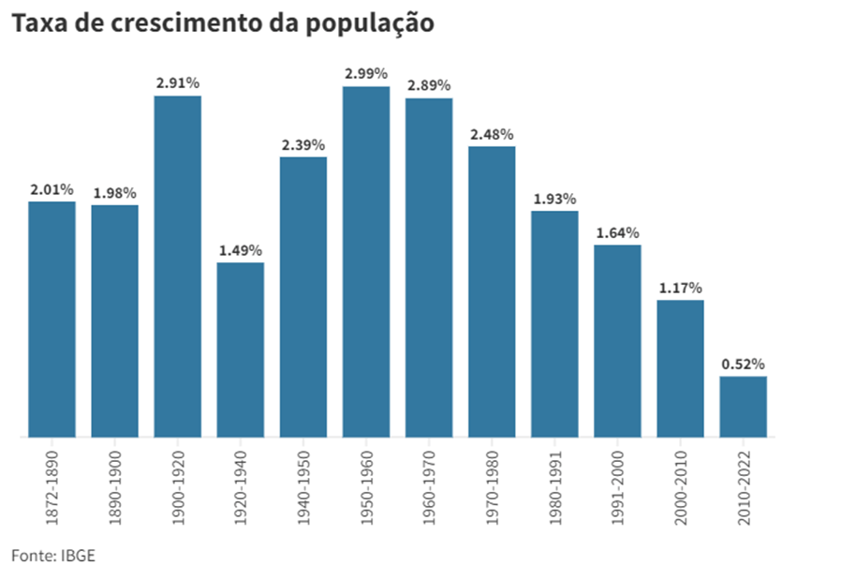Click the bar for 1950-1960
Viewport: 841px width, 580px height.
coord(366,261)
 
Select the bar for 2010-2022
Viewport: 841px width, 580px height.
coord(744,407)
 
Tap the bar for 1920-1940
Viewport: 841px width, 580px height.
coord(241,349)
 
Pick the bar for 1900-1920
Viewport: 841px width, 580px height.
coord(178,266)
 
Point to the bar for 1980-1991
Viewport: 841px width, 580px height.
coord(554,323)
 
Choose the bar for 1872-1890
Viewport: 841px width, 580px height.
coord(52,319)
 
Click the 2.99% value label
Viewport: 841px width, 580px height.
coord(366,73)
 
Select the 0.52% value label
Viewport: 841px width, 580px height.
coord(744,364)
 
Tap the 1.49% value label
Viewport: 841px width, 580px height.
coord(241,250)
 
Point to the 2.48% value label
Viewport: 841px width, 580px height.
coord(492,134)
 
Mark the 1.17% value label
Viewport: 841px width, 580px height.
coord(680,288)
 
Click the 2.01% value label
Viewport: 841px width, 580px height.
coord(52,189)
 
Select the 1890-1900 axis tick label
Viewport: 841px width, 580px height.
coord(114,483)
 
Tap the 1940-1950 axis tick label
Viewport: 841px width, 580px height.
coord(303,483)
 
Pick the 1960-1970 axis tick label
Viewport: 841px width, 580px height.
coord(429,483)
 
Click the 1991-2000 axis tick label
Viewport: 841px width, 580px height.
coord(618,483)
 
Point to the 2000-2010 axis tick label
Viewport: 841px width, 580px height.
coord(681,483)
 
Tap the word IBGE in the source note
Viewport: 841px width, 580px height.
coord(79,556)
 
